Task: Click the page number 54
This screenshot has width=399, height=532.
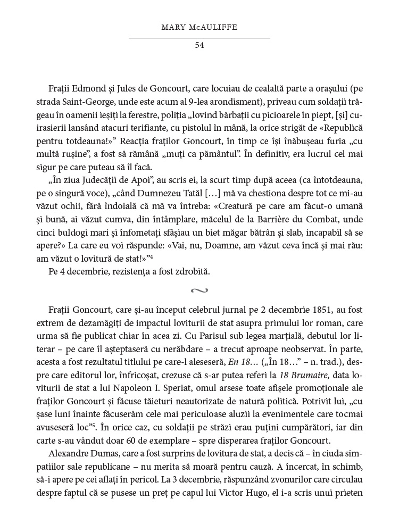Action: pyautogui.click(x=199, y=45)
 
